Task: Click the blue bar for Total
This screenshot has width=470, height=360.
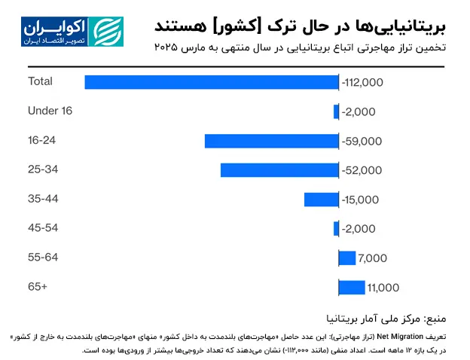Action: tap(212, 82)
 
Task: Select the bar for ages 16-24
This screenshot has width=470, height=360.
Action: tap(271, 141)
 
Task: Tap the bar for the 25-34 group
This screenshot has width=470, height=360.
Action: tap(279, 170)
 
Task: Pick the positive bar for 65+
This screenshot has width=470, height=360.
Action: tap(352, 288)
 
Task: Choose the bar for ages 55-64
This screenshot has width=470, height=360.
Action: tap(347, 258)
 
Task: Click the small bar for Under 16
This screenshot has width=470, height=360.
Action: tap(336, 111)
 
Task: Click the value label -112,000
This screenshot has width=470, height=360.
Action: tap(363, 82)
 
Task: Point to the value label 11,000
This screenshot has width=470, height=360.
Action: tap(383, 288)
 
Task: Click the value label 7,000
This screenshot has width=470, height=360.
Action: tap(372, 258)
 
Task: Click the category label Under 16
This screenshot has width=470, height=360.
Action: tap(50, 111)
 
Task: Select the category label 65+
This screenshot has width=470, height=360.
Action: tap(38, 287)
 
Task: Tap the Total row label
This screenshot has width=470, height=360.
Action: tap(40, 81)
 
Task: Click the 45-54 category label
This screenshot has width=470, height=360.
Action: tap(43, 228)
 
